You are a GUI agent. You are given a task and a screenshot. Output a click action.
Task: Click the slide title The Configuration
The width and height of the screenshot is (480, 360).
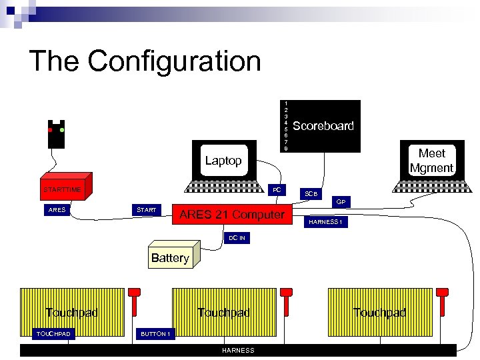tap(145, 61)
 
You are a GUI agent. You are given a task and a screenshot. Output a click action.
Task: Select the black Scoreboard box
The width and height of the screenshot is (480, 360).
tap(323, 126)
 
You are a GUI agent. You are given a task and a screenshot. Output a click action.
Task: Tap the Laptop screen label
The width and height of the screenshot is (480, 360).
tap(223, 161)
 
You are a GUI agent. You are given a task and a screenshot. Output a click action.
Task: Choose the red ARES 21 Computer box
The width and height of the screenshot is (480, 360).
tap(231, 215)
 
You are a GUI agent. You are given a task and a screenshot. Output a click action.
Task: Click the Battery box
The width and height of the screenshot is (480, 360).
tap(170, 258)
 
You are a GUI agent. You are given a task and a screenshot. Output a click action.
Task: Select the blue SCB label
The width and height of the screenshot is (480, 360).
tap(311, 193)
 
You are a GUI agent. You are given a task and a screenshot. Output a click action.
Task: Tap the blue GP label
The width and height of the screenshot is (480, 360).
tap(341, 201)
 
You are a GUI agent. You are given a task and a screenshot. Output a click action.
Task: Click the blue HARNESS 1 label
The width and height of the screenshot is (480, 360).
tap(325, 222)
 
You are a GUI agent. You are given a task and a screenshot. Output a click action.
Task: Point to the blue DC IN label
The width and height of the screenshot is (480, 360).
tap(237, 238)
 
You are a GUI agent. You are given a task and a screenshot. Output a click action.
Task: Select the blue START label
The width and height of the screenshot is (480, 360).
tap(146, 211)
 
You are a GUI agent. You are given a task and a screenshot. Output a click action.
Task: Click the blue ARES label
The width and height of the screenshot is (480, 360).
tap(57, 211)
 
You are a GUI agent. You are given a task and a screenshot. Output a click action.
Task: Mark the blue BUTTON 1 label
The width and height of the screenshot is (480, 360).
tap(155, 333)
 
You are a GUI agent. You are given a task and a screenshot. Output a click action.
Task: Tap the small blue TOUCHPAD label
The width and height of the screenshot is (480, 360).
tap(54, 333)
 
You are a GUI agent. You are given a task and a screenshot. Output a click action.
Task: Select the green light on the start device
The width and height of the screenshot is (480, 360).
tap(62, 130)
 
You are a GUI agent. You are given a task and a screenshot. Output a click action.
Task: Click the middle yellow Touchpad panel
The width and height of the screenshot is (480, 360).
tap(223, 313)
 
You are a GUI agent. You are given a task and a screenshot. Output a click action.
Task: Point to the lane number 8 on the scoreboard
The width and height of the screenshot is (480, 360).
tap(286, 148)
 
